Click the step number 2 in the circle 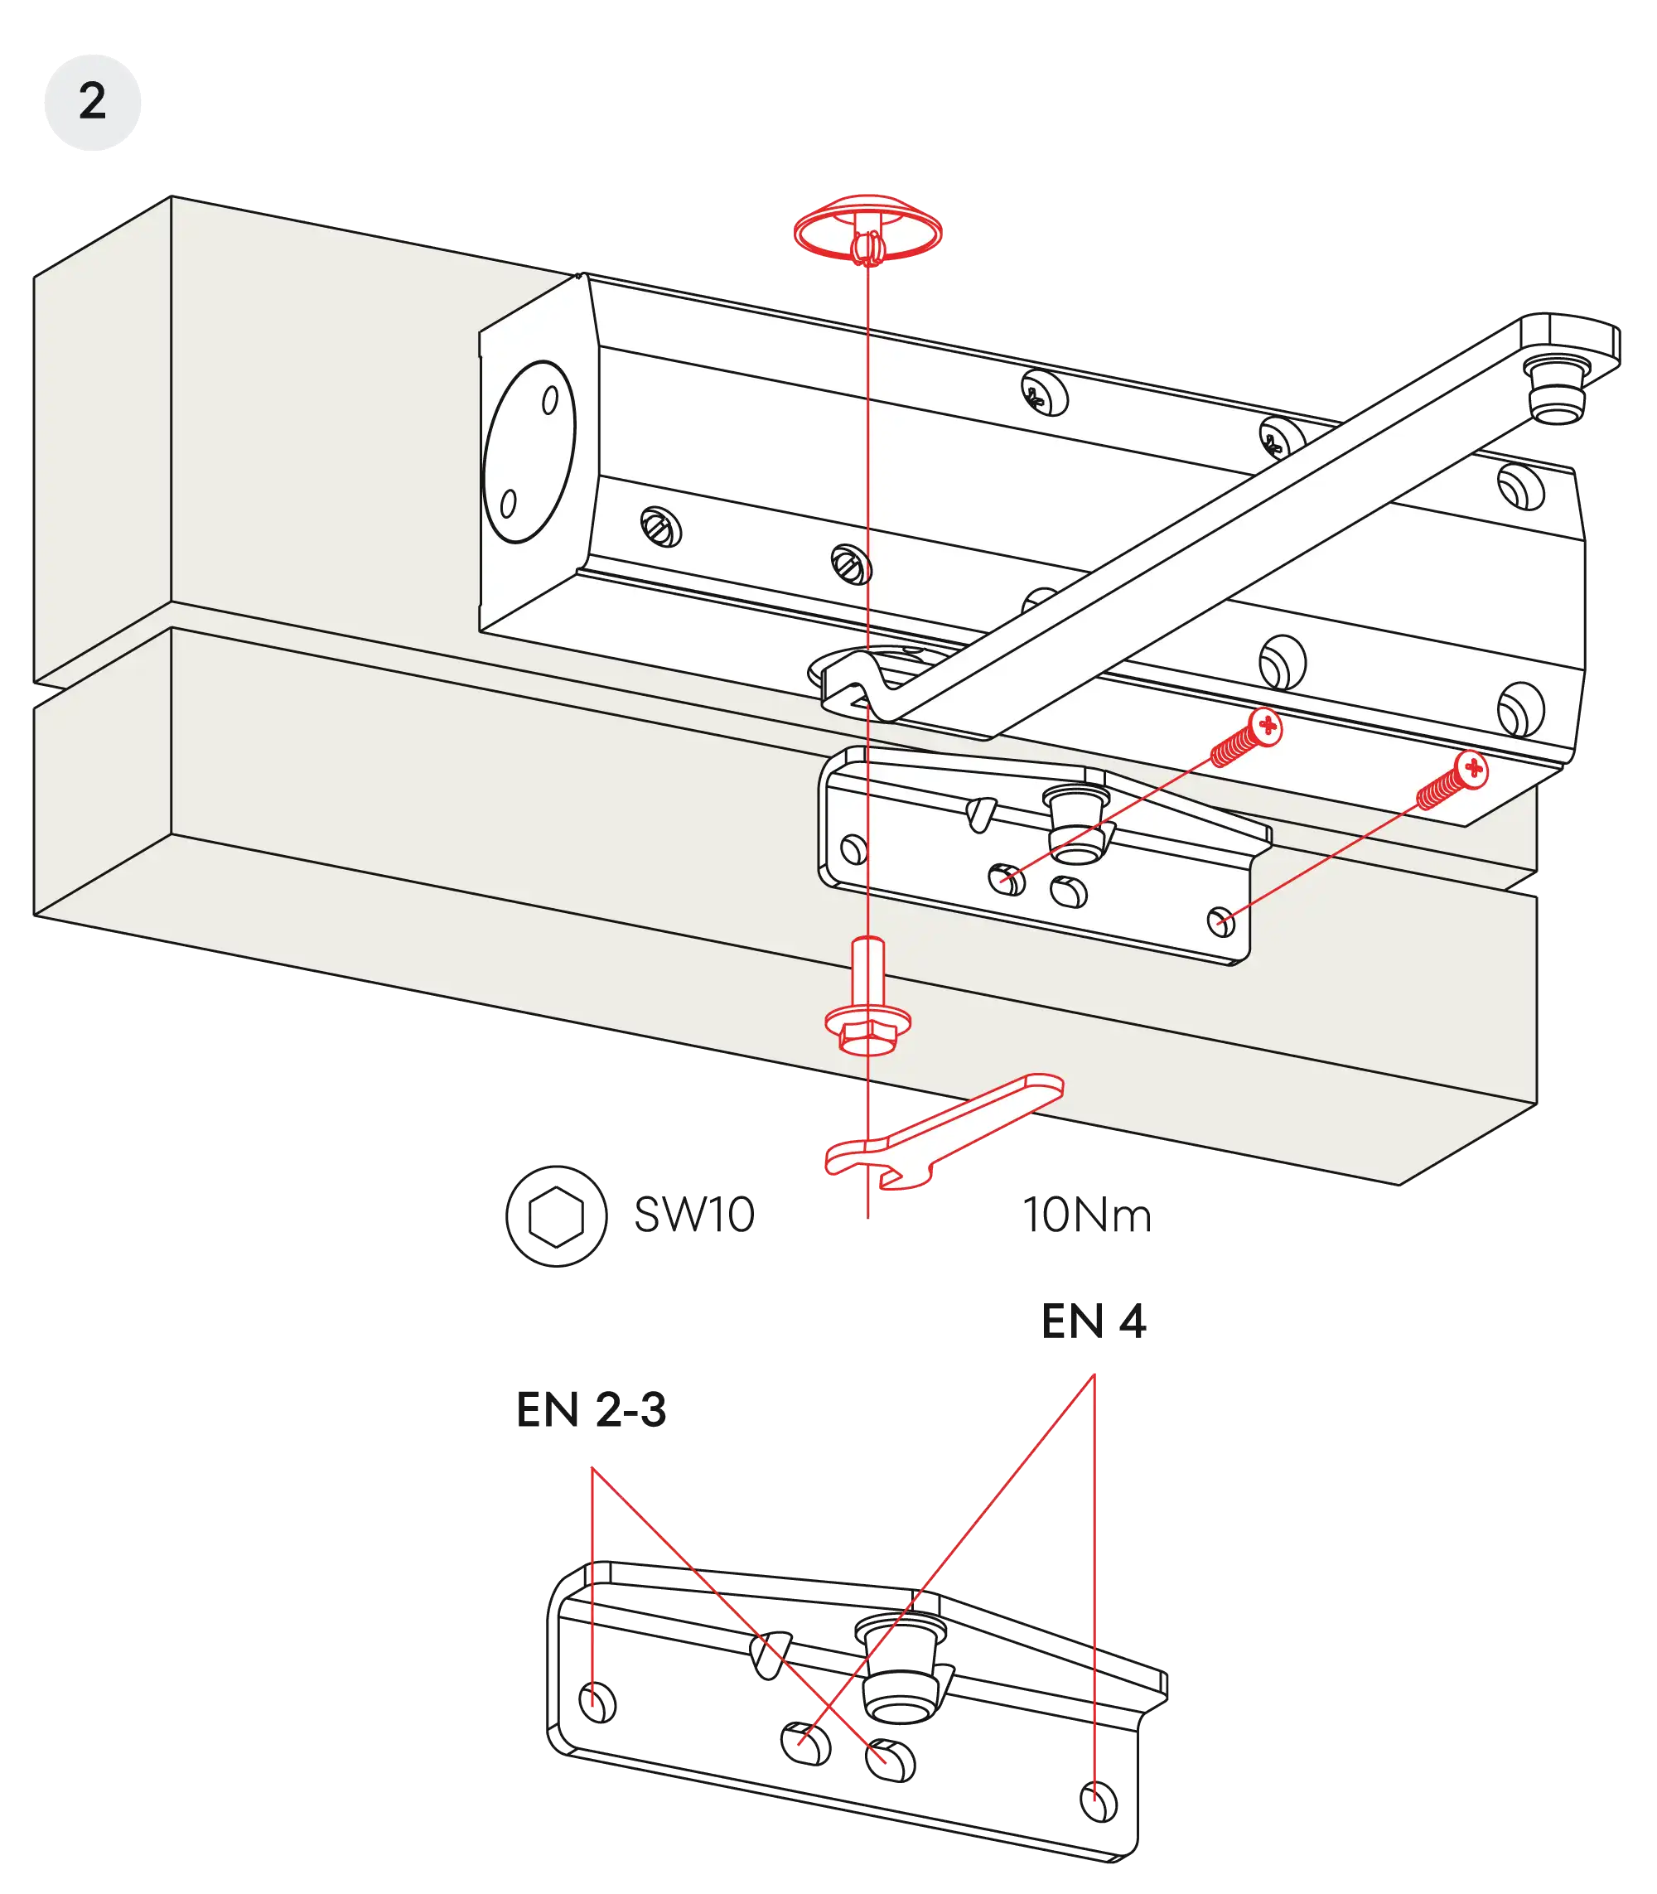[x=91, y=101]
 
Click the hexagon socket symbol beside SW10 [x=556, y=1215]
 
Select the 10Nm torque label [x=1087, y=1215]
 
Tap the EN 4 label [x=1092, y=1320]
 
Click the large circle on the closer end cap [x=529, y=452]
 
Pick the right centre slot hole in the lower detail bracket [x=891, y=1758]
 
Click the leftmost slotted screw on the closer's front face [x=661, y=528]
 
